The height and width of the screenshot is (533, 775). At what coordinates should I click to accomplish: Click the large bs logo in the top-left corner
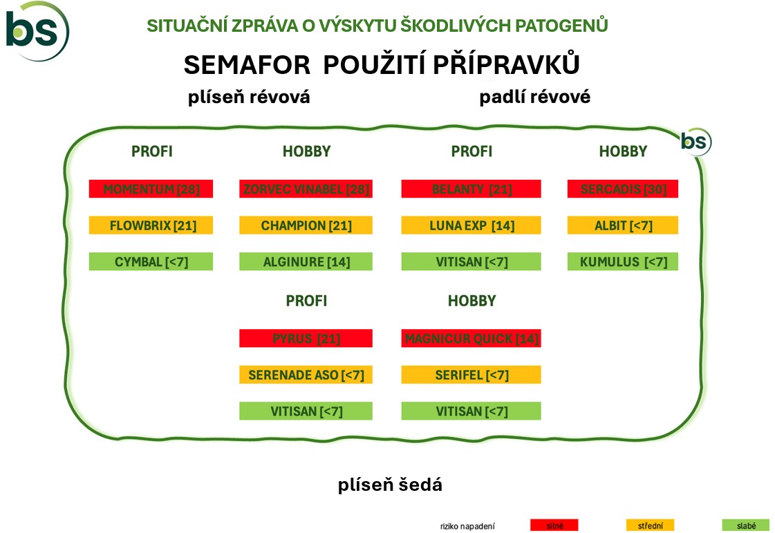pyautogui.click(x=37, y=31)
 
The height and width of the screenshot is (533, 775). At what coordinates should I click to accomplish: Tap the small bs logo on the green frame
pyautogui.click(x=696, y=142)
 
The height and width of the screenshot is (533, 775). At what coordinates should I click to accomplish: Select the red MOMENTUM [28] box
pyautogui.click(x=151, y=189)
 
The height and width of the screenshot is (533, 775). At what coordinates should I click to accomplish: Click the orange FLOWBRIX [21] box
pyautogui.click(x=151, y=225)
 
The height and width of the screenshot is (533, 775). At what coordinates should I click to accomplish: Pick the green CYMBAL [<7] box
pyautogui.click(x=151, y=261)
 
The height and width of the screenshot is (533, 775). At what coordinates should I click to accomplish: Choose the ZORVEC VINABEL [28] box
pyautogui.click(x=306, y=189)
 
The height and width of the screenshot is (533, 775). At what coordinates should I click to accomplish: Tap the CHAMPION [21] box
pyautogui.click(x=306, y=225)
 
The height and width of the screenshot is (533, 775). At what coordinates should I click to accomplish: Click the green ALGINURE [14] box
pyautogui.click(x=306, y=261)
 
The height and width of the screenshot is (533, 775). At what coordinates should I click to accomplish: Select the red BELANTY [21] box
pyautogui.click(x=471, y=189)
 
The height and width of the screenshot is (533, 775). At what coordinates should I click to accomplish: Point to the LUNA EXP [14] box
pyautogui.click(x=471, y=225)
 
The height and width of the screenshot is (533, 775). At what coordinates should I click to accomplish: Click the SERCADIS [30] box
pyautogui.click(x=623, y=189)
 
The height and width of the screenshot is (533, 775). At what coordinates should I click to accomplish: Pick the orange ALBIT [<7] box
pyautogui.click(x=623, y=225)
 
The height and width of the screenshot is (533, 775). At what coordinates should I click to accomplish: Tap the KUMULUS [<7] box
pyautogui.click(x=623, y=261)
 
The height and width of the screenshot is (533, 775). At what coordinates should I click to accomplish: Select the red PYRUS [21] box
pyautogui.click(x=306, y=338)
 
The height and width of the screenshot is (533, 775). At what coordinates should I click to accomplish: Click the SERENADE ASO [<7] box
pyautogui.click(x=306, y=375)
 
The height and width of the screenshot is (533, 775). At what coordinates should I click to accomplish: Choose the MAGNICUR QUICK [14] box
pyautogui.click(x=471, y=338)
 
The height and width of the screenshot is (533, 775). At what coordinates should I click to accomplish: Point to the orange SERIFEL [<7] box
pyautogui.click(x=471, y=375)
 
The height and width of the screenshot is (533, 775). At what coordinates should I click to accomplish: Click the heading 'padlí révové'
pyautogui.click(x=535, y=97)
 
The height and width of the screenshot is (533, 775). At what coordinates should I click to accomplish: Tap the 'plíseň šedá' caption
pyautogui.click(x=390, y=485)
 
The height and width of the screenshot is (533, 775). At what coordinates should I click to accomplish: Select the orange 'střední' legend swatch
pyautogui.click(x=650, y=525)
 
